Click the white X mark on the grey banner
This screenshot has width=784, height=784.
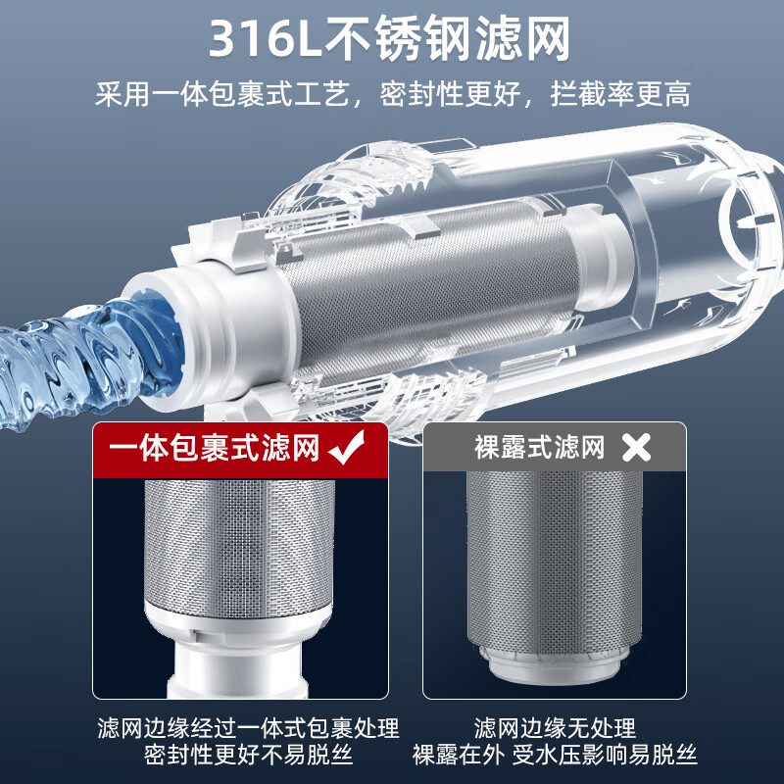(x=637, y=449)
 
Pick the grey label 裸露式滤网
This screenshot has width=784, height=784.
(x=538, y=449)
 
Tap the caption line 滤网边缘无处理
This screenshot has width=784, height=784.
(x=555, y=728)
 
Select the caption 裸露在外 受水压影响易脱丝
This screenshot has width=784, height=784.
(x=555, y=756)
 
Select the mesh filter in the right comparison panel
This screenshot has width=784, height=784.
(x=554, y=554)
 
